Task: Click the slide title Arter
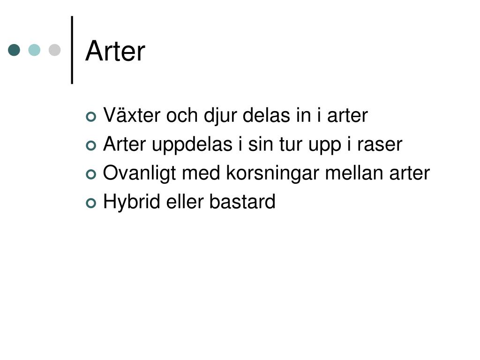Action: (115, 51)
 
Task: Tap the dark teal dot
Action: (14, 50)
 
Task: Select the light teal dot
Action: (34, 50)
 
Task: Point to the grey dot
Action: (55, 50)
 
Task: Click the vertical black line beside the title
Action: (72, 50)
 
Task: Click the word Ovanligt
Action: (140, 174)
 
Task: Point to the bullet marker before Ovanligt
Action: (91, 174)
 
